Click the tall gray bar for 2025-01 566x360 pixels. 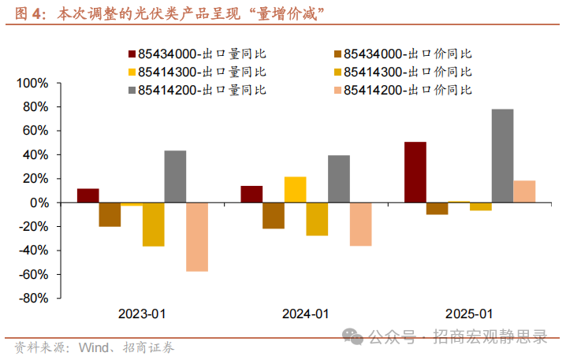pos(502,156)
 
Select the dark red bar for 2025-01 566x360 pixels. pos(415,173)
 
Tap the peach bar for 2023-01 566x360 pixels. pos(197,236)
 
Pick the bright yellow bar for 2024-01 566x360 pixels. pos(295,190)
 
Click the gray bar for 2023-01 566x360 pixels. pos(175,176)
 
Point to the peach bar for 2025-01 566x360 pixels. pos(524,191)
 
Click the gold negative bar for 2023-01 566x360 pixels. pos(153,225)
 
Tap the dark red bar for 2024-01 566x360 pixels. pos(251,195)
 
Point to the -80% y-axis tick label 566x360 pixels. pos(32,299)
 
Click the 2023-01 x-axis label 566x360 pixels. pos(142,314)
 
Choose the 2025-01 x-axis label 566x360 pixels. pos(469,314)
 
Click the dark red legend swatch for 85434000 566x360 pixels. pos(132,54)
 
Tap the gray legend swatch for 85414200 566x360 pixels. pos(132,90)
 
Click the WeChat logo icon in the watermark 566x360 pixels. pos(356,337)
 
